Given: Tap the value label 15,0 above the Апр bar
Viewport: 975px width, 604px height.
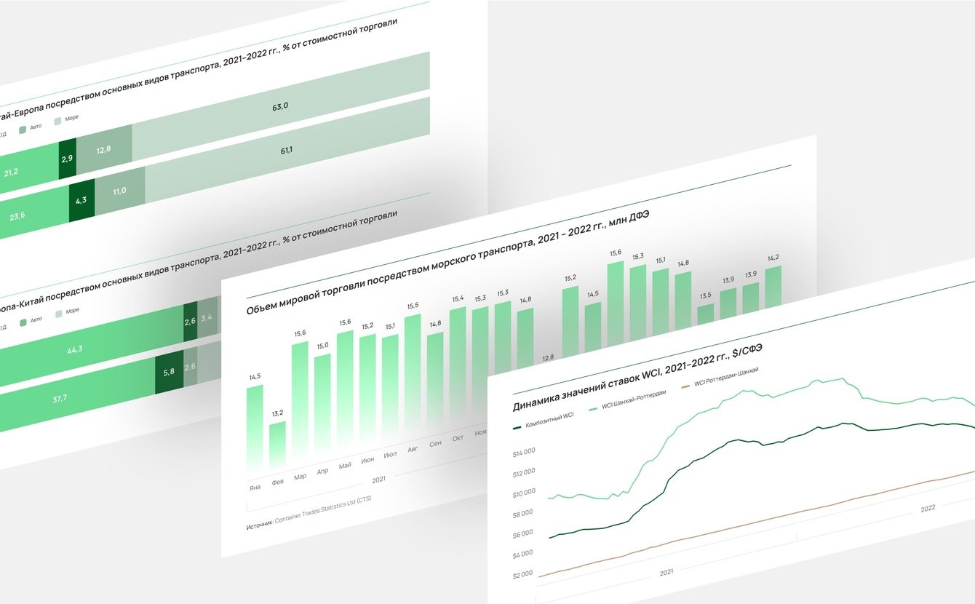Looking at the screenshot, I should (322, 346).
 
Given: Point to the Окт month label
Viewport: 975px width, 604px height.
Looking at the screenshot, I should (458, 438).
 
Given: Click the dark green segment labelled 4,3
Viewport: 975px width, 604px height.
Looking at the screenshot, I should (81, 200).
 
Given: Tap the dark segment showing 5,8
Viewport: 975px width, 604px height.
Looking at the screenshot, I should (169, 372).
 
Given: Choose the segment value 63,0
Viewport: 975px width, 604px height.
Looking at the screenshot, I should (280, 106).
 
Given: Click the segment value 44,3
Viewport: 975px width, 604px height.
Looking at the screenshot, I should (74, 349).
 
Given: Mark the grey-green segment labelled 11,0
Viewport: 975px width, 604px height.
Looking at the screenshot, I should (119, 191).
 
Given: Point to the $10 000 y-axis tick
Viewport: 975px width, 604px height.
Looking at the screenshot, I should (524, 493).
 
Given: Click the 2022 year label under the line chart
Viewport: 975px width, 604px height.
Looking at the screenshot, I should (928, 509).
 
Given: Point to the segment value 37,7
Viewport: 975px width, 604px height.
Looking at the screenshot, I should (60, 398).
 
